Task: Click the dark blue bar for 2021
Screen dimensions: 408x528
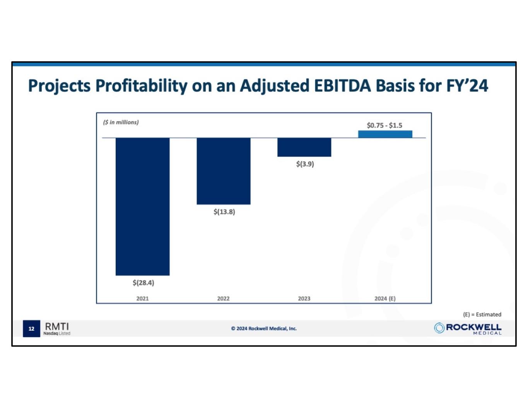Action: (142, 207)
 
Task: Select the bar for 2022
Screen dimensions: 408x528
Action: (224, 171)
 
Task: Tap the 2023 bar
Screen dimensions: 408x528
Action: (304, 147)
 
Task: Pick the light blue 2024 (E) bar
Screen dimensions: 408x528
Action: (385, 134)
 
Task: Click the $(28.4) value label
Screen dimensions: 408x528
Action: (143, 283)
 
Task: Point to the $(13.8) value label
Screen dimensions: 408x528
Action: (224, 212)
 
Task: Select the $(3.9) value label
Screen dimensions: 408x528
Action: (305, 164)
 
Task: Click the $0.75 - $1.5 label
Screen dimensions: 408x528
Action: (384, 125)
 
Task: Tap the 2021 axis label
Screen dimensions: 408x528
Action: (142, 299)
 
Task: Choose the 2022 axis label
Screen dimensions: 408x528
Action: (223, 299)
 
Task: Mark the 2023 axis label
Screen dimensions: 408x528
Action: (304, 299)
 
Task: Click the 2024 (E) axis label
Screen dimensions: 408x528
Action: (385, 299)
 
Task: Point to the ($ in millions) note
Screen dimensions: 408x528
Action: (121, 122)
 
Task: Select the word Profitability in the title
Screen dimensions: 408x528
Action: (141, 86)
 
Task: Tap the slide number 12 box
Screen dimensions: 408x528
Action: (31, 329)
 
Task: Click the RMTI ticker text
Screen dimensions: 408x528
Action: (57, 326)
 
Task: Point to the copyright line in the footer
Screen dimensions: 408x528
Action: (264, 329)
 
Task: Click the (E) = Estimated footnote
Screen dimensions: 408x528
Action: (482, 314)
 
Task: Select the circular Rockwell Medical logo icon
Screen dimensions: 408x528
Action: (439, 328)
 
